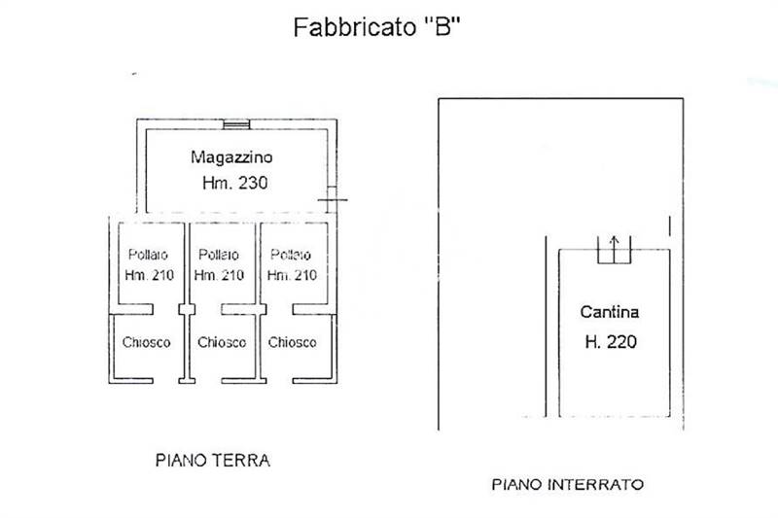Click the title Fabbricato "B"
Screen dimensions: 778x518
377,27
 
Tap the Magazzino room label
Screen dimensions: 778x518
231,157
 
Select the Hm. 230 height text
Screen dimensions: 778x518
234,183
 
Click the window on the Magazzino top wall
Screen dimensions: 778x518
236,124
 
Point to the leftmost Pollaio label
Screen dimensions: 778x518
148,255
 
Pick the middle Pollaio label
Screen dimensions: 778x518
219,255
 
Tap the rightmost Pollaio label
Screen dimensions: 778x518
291,255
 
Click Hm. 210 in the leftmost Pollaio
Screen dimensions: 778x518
150,275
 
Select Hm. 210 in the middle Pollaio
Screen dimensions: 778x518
219,275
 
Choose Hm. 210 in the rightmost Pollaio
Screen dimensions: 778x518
292,275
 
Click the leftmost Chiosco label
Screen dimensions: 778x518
147,342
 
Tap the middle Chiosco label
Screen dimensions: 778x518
222,342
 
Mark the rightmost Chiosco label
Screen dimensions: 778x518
293,342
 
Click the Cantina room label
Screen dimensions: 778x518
610,312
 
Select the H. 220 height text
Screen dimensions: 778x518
611,341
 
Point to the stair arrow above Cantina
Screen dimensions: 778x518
615,249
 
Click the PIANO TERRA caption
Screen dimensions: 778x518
213,461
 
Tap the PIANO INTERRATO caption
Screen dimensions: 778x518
568,484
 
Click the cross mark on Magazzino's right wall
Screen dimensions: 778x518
333,200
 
